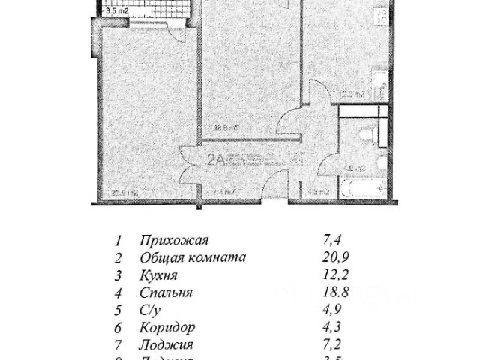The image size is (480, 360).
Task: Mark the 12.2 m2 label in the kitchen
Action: point(352,94)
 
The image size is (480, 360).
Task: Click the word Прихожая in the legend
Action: point(173,241)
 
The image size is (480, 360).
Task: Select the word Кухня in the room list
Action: point(157,275)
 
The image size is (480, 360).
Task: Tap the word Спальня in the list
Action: point(166,292)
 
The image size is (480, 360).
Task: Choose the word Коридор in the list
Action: point(167,328)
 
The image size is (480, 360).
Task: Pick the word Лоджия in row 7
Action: point(166,345)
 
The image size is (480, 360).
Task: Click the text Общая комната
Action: point(192,258)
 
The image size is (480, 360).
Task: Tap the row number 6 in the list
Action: point(118,328)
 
